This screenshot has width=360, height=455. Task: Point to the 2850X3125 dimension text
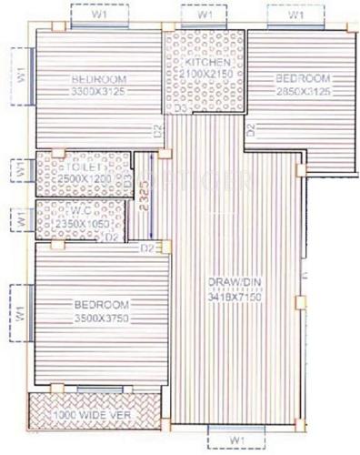(304, 92)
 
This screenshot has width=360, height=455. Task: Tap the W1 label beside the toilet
(18, 170)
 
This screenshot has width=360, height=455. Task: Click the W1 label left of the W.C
(18, 218)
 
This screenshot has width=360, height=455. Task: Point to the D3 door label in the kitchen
(180, 108)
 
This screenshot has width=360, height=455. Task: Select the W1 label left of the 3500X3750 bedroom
(18, 312)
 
